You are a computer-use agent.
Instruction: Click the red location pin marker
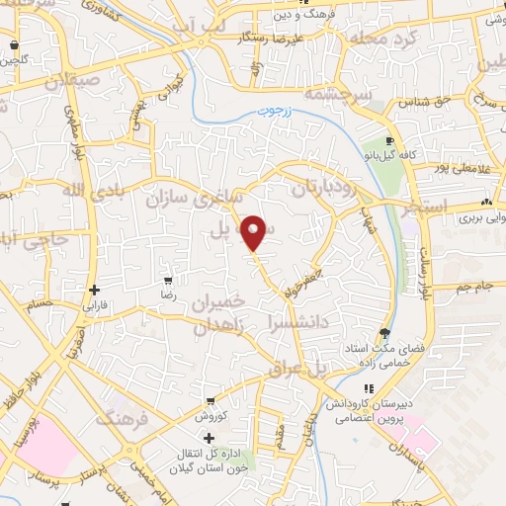[255, 231]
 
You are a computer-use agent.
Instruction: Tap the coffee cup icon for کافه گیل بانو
[390, 142]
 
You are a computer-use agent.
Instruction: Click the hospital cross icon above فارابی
[94, 290]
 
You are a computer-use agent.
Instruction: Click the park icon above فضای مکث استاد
[383, 332]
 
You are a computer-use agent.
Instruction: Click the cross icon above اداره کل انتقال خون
[209, 438]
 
